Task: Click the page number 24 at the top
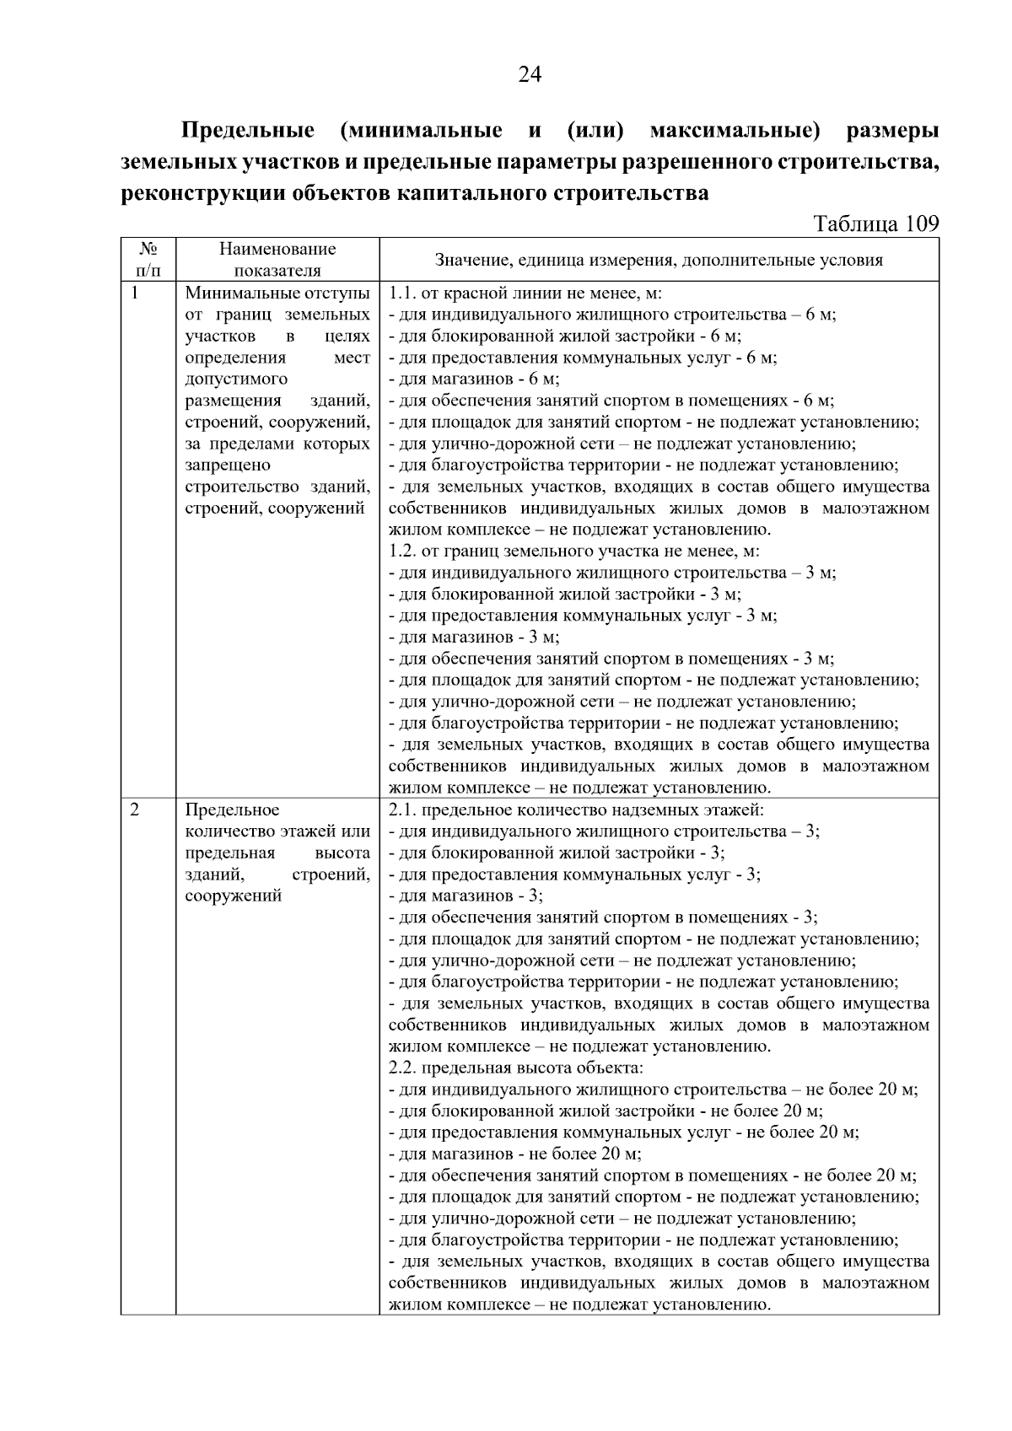pyautogui.click(x=529, y=75)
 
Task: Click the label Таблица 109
pyautogui.click(x=875, y=224)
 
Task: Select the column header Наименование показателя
pyautogui.click(x=277, y=259)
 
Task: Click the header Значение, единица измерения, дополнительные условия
pyautogui.click(x=659, y=260)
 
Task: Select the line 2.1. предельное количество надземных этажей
pyautogui.click(x=575, y=810)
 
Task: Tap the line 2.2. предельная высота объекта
pyautogui.click(x=515, y=1068)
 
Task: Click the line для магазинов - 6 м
pyautogui.click(x=474, y=379)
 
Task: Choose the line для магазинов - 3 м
pyautogui.click(x=474, y=637)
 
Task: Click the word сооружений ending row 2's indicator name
pyautogui.click(x=233, y=896)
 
